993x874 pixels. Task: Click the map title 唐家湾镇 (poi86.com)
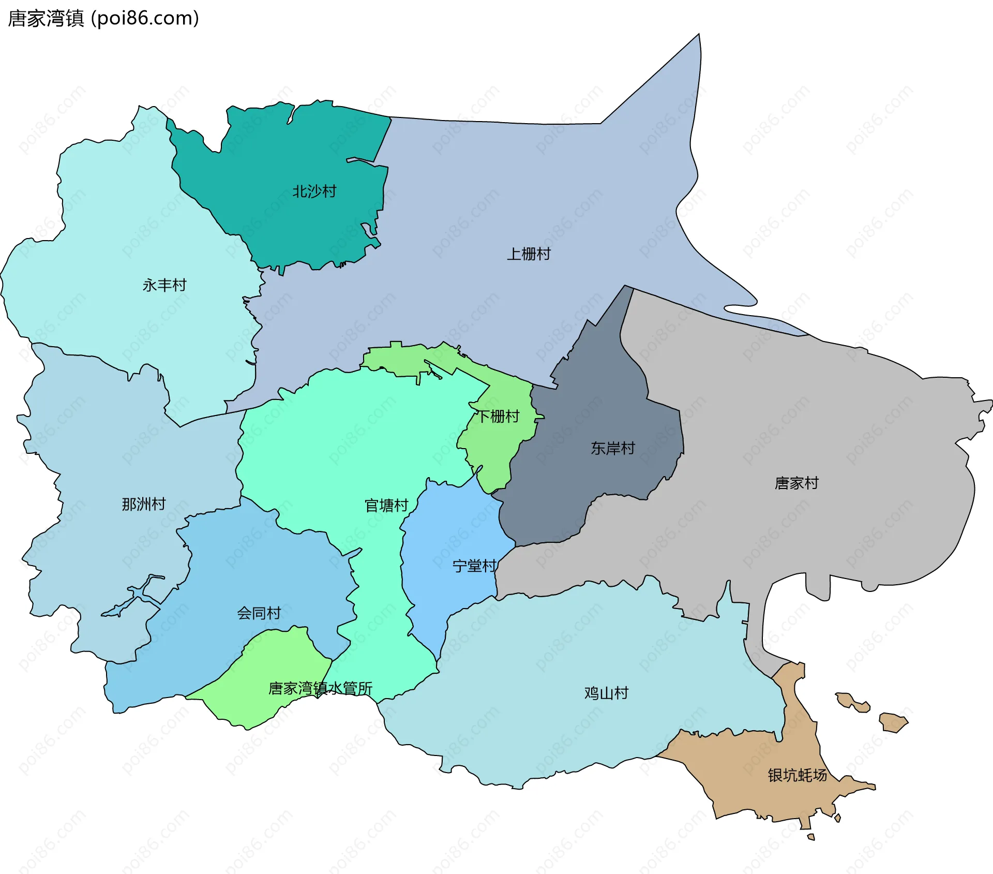pos(103,19)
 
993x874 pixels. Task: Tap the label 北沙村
pos(314,191)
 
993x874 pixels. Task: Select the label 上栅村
pos(529,254)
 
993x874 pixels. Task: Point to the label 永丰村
pos(164,285)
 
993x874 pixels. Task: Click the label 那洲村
pos(144,504)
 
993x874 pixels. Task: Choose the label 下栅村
pos(498,417)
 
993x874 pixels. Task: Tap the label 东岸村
pos(613,448)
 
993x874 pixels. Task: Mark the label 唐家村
pos(796,483)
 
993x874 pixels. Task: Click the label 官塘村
pos(386,506)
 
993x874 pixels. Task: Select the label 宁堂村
pos(474,566)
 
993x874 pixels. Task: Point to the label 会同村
pos(259,613)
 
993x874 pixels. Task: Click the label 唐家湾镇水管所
pos(320,689)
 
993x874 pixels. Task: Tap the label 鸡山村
pos(606,693)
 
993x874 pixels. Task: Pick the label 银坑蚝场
pos(797,775)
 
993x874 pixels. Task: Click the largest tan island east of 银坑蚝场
pos(893,722)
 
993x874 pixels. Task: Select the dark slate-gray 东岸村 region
pos(595,481)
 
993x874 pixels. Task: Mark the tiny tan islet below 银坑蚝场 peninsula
pos(811,837)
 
